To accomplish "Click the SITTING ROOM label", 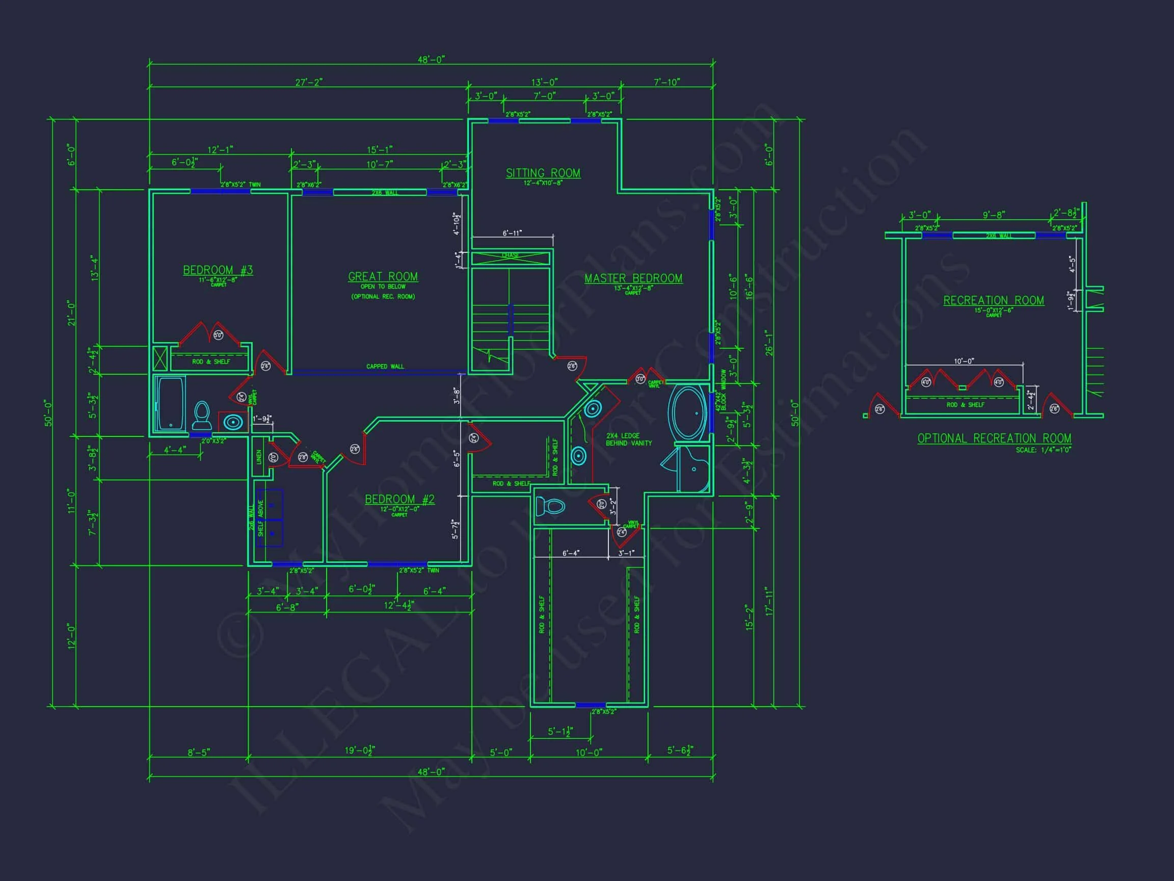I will pos(543,173).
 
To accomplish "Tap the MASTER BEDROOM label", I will pos(633,278).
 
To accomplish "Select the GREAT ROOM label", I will pos(383,277).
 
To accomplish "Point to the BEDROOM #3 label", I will pos(218,270).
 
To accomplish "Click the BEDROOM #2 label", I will pos(399,499).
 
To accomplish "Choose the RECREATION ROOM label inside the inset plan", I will pos(993,301).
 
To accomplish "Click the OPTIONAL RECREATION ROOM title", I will pos(994,438).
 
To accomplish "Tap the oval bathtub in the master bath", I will pos(688,412).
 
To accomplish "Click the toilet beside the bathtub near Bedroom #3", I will pos(202,416).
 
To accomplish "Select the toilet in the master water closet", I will pos(550,506).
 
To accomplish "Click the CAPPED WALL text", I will pos(385,367).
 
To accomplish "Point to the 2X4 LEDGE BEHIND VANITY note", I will pos(628,439).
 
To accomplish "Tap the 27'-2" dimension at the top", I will pos(309,82).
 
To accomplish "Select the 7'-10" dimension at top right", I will pos(666,82).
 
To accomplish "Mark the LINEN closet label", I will pos(259,456).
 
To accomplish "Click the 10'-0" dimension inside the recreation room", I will pos(964,361).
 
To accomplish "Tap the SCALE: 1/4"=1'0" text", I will pos(1043,450).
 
